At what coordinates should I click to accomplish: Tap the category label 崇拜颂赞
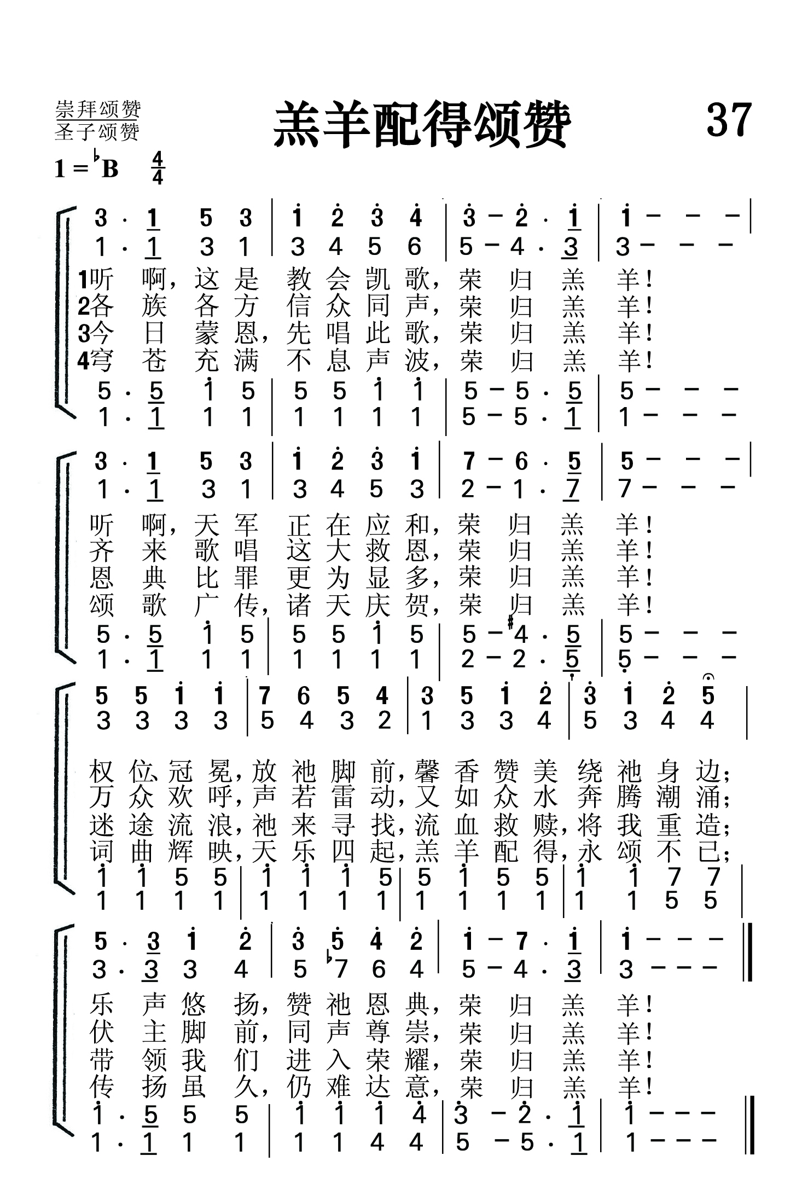click(x=98, y=109)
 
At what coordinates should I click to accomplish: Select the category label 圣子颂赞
click(x=97, y=132)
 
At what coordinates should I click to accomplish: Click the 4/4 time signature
click(x=158, y=169)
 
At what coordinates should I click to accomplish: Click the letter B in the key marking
click(x=111, y=170)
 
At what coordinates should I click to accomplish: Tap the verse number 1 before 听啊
click(x=83, y=280)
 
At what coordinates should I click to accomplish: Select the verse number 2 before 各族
click(x=83, y=306)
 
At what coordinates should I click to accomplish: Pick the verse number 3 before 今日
click(x=83, y=333)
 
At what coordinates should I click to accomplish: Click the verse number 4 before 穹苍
click(x=83, y=360)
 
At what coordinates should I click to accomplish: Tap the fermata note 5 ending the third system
click(x=708, y=695)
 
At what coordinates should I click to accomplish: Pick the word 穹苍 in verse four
click(x=127, y=360)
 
